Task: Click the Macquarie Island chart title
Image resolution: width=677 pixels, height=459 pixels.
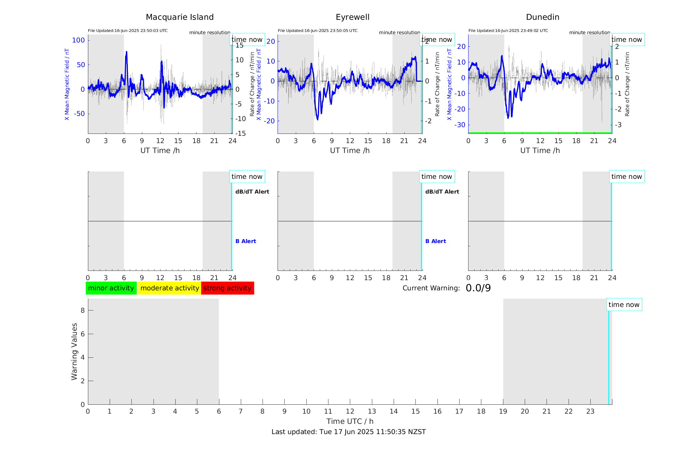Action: click(180, 17)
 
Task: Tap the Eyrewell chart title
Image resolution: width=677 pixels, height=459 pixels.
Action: click(352, 17)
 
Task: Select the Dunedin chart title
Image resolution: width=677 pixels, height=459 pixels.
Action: click(542, 17)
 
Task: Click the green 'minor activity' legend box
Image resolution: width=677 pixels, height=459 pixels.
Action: click(111, 288)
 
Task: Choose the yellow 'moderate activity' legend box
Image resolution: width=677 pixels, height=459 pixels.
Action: click(169, 288)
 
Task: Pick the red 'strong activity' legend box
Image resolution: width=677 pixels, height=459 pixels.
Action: click(227, 288)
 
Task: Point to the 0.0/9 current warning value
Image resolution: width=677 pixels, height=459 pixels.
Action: click(478, 288)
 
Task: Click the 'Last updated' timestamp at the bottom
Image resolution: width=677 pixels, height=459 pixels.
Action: click(349, 432)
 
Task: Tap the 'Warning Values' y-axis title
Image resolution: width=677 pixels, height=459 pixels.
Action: click(74, 351)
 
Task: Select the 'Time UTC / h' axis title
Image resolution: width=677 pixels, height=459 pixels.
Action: click(350, 421)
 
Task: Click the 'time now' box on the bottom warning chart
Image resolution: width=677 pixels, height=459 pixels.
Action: click(624, 305)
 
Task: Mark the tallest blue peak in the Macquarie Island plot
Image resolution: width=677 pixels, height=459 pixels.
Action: click(126, 52)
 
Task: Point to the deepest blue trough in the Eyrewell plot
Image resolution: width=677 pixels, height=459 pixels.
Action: click(318, 119)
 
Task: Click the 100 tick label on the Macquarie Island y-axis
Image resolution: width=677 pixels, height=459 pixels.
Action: click(78, 40)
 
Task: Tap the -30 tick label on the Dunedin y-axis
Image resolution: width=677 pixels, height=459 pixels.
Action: click(460, 125)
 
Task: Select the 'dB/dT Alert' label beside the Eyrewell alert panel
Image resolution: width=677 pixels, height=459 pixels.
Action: click(442, 192)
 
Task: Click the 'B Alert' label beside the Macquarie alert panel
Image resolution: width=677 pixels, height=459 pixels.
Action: click(246, 241)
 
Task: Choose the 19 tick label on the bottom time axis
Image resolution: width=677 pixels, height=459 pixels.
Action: click(503, 411)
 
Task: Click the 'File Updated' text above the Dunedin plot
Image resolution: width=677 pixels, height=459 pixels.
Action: click(508, 31)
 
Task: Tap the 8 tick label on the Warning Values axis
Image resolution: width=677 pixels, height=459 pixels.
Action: click(83, 310)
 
